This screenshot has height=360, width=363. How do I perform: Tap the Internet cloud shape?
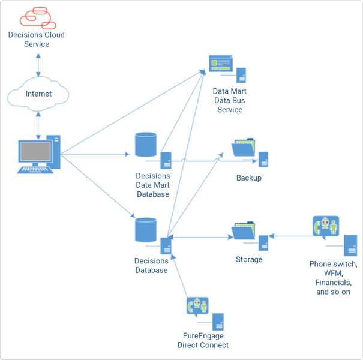38,94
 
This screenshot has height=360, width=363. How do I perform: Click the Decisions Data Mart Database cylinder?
146,145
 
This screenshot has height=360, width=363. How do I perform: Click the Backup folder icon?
244,149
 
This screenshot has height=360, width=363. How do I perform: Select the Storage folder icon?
244,231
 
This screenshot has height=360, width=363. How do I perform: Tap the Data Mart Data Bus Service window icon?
220,64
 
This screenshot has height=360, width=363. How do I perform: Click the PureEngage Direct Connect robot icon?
197,307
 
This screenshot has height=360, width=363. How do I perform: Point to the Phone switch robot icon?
325,227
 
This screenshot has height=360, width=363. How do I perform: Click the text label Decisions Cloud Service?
36,40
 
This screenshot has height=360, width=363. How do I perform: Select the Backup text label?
248,178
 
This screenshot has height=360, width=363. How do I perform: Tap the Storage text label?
248,260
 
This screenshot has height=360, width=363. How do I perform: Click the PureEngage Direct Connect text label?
203,340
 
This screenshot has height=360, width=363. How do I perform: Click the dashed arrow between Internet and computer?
38,124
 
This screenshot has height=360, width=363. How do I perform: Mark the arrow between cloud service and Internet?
38,64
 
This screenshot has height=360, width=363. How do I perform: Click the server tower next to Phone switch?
351,246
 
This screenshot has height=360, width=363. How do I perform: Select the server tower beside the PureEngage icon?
218,322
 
